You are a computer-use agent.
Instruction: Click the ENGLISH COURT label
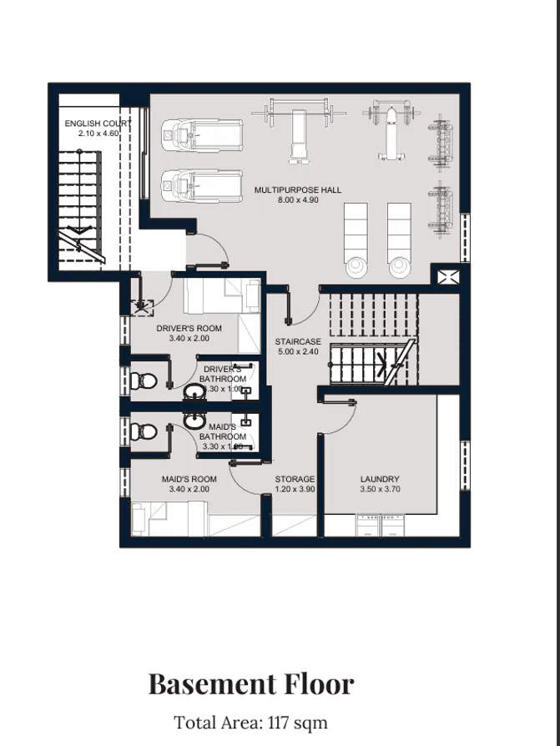[x=98, y=123]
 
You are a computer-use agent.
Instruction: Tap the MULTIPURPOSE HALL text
[x=298, y=190]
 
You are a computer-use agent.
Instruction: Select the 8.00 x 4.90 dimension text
[x=298, y=200]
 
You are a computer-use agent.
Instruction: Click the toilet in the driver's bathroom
[x=143, y=382]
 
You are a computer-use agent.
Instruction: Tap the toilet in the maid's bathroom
[x=143, y=432]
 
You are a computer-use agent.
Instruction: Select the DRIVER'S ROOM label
[x=189, y=329]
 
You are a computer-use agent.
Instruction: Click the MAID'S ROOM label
[x=189, y=479]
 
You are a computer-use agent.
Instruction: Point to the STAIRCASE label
[x=298, y=342]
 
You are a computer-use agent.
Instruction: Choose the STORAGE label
[x=295, y=479]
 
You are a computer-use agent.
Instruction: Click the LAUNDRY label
[x=380, y=479]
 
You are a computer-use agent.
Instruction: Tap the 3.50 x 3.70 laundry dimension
[x=380, y=489]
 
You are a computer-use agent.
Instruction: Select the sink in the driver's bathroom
[x=194, y=391]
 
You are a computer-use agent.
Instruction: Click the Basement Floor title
[x=251, y=684]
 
